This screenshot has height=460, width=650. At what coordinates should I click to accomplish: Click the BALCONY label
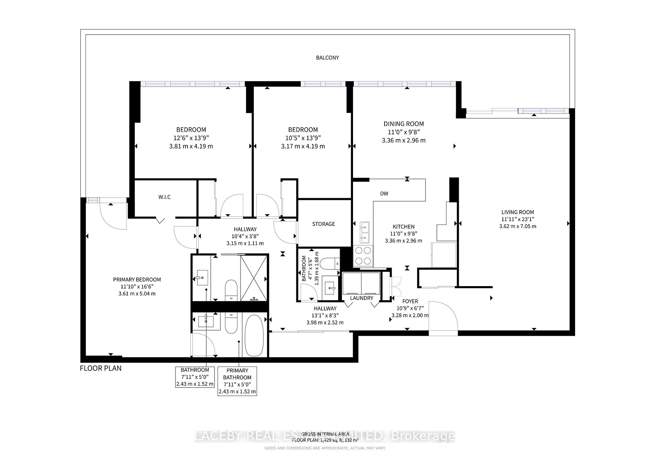327,57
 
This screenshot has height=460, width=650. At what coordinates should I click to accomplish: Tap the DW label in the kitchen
384,194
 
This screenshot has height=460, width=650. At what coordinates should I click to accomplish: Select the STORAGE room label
323,224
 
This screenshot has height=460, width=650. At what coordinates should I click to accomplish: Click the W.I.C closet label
164,197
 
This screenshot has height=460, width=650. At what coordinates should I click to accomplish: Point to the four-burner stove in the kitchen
363,255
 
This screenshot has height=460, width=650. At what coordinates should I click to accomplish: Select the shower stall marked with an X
253,278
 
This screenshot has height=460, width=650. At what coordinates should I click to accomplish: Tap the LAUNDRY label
362,298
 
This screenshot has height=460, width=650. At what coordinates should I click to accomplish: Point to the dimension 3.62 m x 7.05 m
518,226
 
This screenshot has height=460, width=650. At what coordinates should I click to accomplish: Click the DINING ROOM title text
403,124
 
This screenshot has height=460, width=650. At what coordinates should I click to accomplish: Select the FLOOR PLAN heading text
101,368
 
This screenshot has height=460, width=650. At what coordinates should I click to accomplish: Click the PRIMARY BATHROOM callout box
237,381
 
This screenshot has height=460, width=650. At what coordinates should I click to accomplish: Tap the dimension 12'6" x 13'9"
191,138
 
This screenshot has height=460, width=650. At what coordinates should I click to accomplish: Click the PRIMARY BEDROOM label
137,280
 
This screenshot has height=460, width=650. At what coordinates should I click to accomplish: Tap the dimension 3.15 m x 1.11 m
245,243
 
